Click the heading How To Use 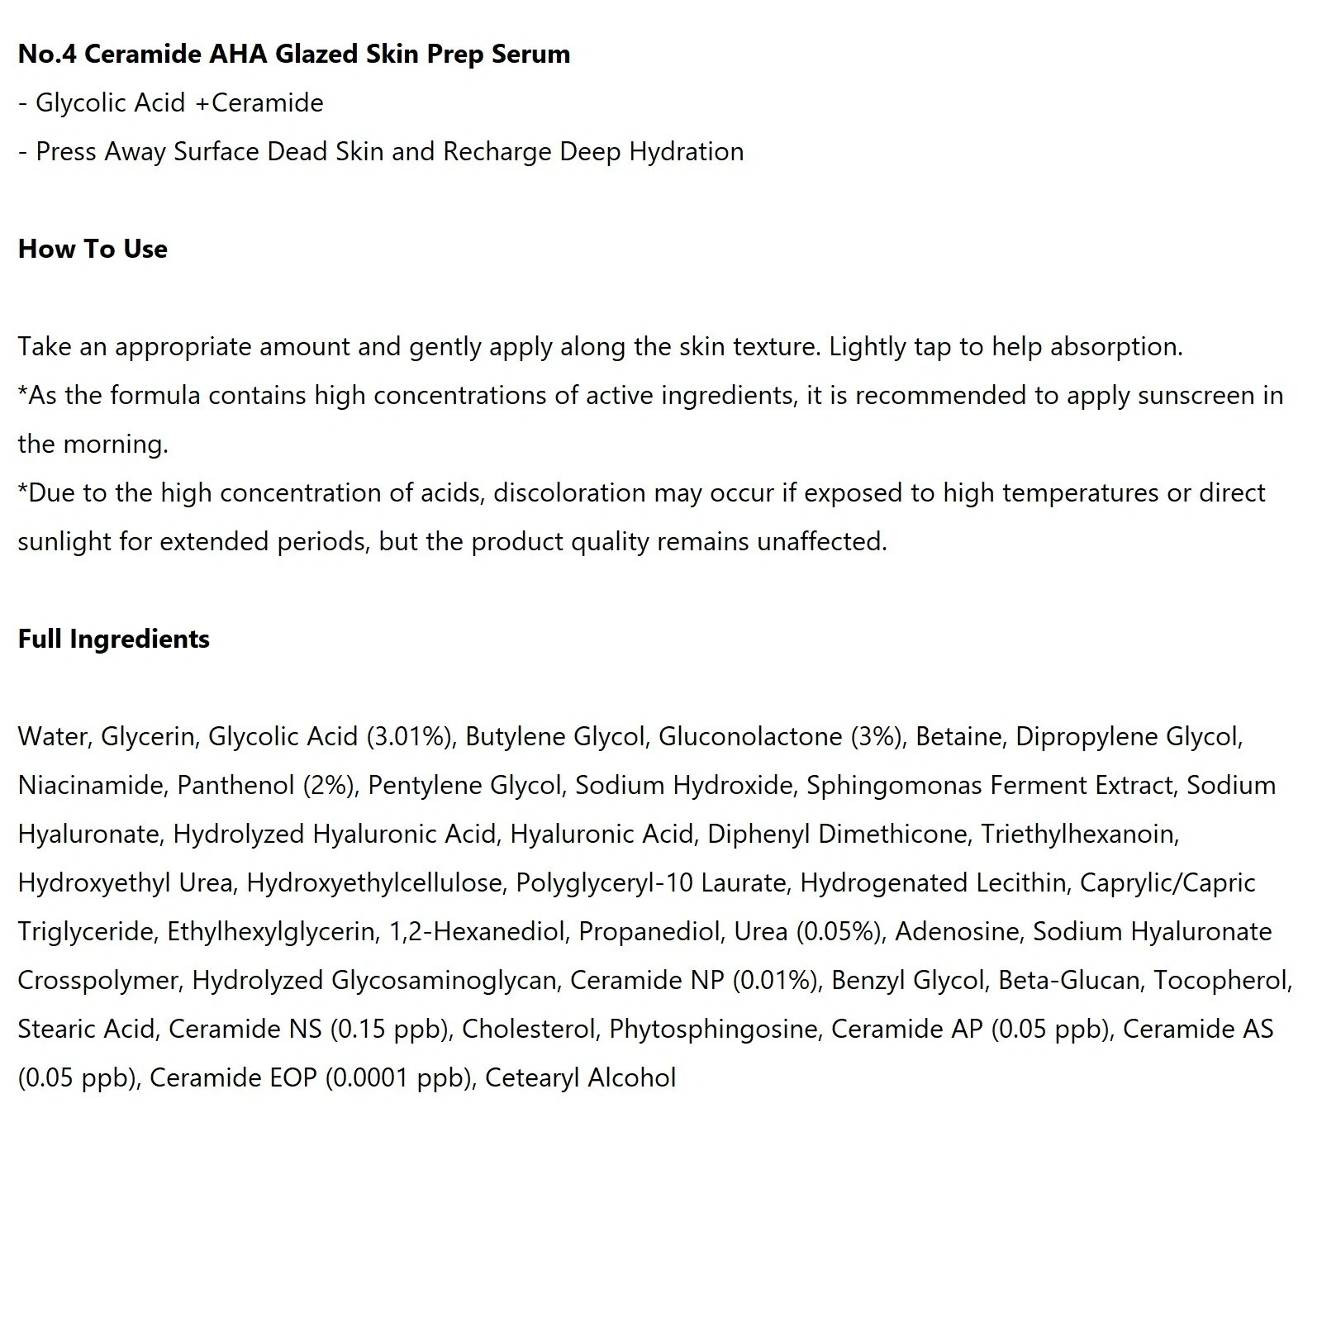pyautogui.click(x=93, y=249)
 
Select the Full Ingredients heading pyautogui.click(x=114, y=639)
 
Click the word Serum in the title pyautogui.click(x=530, y=54)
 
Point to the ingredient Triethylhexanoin pyautogui.click(x=1079, y=834)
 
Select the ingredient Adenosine pyautogui.click(x=958, y=931)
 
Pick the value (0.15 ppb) pyautogui.click(x=390, y=1029)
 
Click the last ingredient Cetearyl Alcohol pyautogui.click(x=580, y=1077)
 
